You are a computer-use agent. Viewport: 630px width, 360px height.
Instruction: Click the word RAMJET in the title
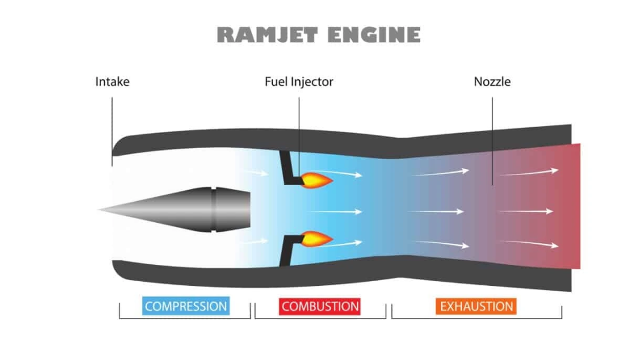[268, 35]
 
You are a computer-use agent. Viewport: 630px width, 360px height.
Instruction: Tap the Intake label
[112, 82]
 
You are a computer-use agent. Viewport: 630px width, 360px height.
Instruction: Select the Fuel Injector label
[299, 82]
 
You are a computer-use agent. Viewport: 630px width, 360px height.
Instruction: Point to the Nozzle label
[492, 82]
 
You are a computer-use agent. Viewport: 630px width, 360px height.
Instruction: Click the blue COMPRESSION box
[185, 306]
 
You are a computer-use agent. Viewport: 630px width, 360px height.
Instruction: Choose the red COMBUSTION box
[320, 306]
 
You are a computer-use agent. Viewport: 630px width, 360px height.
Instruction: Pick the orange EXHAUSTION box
[476, 306]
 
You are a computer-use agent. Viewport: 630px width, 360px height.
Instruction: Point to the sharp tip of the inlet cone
[100, 209]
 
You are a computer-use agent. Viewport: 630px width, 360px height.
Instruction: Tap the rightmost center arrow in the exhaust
[525, 211]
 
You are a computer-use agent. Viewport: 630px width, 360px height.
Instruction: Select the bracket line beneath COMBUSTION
[320, 319]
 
